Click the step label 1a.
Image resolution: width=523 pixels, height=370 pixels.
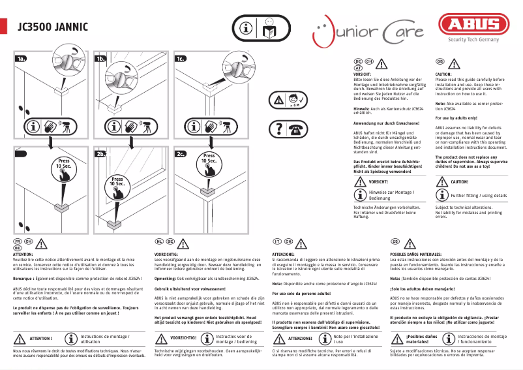[22, 59]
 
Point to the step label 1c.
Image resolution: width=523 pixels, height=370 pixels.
[181, 59]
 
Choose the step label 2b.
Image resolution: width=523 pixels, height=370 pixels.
[100, 155]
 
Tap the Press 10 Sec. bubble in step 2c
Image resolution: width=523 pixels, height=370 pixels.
[209, 160]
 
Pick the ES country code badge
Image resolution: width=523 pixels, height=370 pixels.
[395, 241]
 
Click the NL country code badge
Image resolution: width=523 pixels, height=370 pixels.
[159, 241]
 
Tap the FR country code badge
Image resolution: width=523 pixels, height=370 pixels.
[18, 241]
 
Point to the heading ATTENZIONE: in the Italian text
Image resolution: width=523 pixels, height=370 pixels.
[284, 253]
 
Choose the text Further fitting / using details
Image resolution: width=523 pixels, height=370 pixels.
[479, 195]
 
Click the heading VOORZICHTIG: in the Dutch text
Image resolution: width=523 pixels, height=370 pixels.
[166, 253]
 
